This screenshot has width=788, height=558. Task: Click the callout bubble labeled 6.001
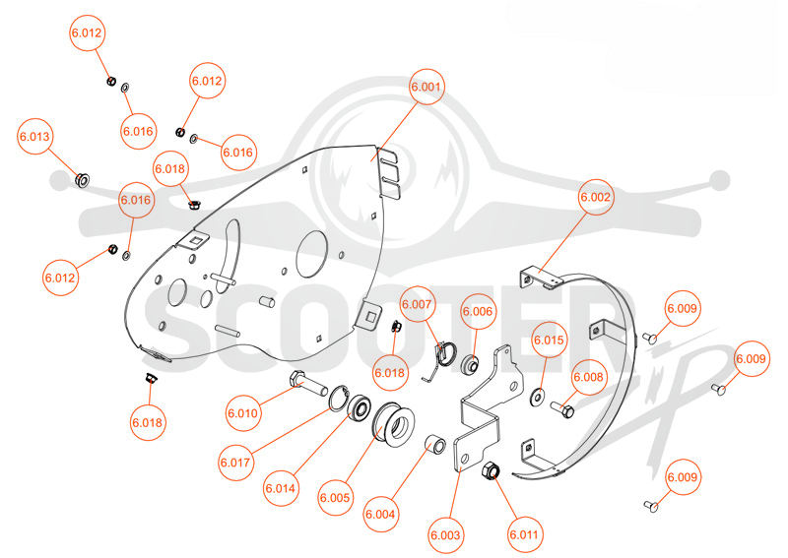(427, 87)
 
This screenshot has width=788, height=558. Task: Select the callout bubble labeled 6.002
(596, 197)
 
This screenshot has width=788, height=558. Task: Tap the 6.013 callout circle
(34, 137)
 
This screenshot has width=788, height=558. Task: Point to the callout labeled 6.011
(524, 534)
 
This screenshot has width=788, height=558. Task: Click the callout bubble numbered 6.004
(380, 515)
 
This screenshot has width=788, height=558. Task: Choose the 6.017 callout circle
(235, 463)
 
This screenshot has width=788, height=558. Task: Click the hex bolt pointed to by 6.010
(308, 384)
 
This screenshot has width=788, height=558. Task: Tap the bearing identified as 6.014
(360, 407)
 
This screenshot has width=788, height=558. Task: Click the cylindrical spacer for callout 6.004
(435, 444)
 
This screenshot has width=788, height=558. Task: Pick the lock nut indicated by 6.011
(490, 471)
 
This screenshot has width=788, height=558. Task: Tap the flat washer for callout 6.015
(538, 397)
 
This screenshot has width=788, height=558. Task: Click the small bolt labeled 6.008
(562, 408)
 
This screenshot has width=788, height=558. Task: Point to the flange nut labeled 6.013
(82, 179)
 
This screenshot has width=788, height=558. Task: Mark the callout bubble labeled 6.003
(446, 535)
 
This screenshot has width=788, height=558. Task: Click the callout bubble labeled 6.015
(549, 341)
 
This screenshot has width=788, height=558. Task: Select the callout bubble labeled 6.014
(281, 488)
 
